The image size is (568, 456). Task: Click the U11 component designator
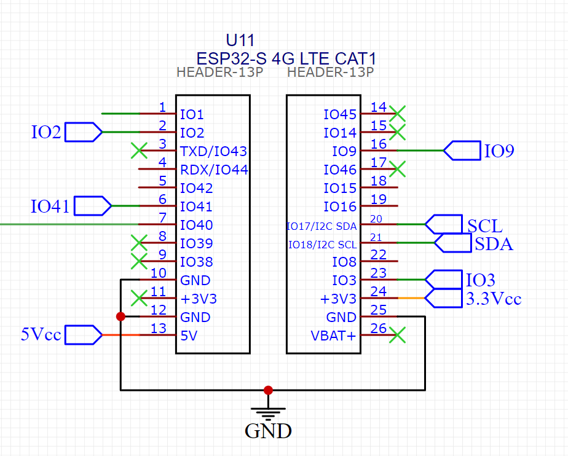pos(240,41)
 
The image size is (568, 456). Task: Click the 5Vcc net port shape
pos(83,335)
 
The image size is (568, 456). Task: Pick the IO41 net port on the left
pos(92,206)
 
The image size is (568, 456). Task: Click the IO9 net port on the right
pos(462,151)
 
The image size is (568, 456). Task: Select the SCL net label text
pos(485,226)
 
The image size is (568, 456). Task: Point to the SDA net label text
pos(494,245)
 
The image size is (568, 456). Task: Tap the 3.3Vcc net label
pos(494,299)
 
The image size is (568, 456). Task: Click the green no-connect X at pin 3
pos(140,151)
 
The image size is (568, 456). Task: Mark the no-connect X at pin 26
pos(398,335)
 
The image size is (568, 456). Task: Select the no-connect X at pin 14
pos(398,114)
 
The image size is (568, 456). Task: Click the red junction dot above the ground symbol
pos(268,390)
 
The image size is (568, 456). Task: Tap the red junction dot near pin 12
pos(120,316)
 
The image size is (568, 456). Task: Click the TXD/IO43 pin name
pos(213,151)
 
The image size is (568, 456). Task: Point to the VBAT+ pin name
pos(334,336)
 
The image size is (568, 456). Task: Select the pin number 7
pos(162,218)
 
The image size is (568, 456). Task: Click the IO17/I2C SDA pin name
pos(321,226)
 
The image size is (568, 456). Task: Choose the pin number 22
pos(379,254)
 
